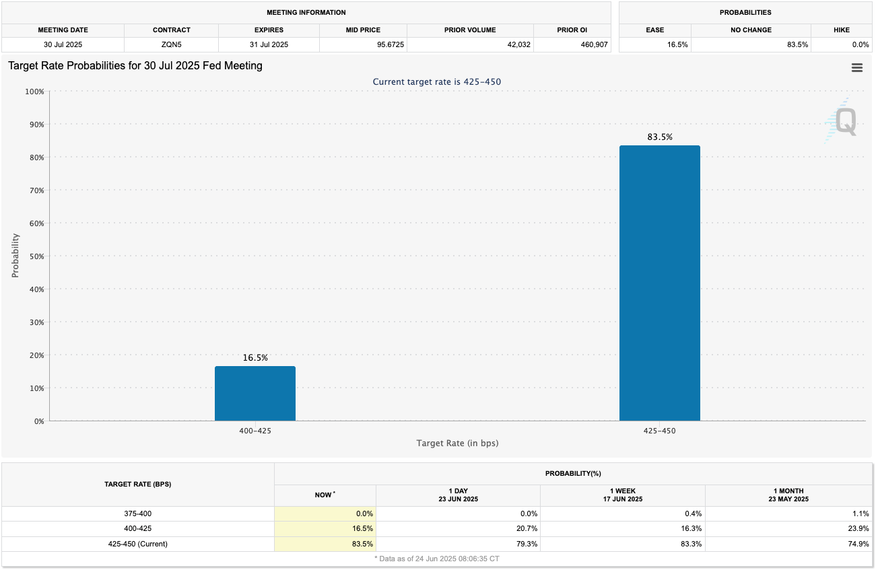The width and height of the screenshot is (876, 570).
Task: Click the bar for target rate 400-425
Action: (255, 394)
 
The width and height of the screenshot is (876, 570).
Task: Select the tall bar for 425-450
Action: (659, 283)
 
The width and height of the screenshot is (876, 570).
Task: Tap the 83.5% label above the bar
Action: (659, 137)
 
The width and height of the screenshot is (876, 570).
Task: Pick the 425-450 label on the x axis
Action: (659, 431)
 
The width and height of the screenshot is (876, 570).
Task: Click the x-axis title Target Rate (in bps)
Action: (457, 443)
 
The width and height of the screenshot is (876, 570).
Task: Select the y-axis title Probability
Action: (15, 256)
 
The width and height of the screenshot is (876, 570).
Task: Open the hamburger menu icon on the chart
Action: (856, 67)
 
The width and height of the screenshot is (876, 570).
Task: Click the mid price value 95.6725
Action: (363, 44)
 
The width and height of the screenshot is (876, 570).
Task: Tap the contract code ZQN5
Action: (172, 44)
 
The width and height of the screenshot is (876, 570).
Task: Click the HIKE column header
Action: (841, 30)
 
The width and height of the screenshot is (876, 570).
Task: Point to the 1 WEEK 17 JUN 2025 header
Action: (622, 495)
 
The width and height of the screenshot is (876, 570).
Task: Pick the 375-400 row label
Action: (137, 513)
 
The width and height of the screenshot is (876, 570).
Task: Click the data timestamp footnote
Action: (437, 559)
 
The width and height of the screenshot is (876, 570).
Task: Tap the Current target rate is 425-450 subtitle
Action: (436, 82)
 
